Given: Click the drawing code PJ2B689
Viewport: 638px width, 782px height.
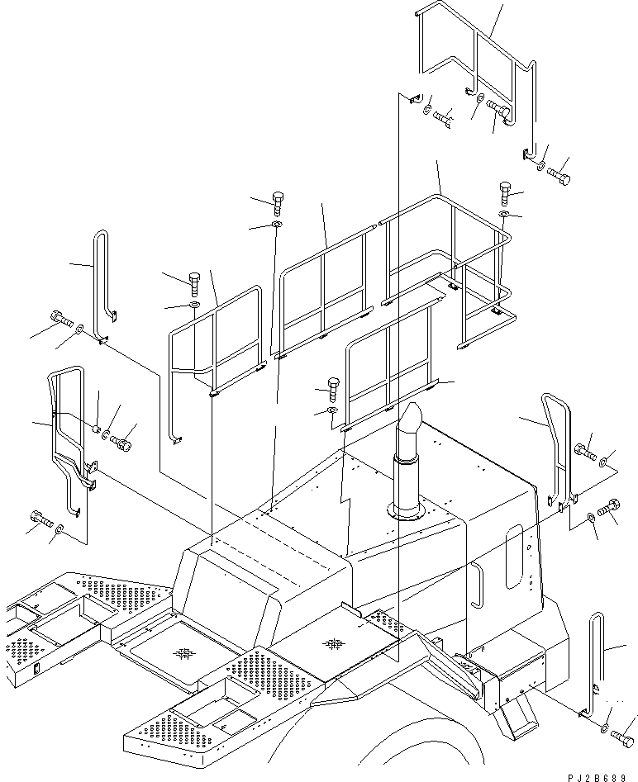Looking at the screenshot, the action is [596, 777].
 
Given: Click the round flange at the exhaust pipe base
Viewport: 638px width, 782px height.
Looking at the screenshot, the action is [407, 509].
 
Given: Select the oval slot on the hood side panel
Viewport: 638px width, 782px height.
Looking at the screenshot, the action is [514, 556].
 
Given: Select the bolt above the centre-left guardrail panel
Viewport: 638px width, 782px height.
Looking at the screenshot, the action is [194, 285].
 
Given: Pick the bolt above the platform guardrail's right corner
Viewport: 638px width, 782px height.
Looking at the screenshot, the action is [505, 194].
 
